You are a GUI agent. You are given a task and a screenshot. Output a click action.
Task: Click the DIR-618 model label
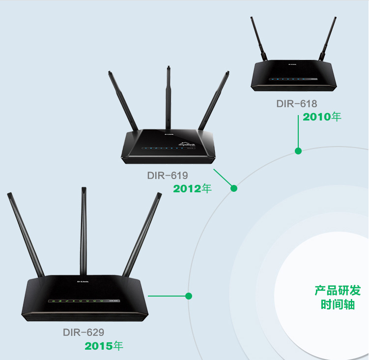tap(296, 104)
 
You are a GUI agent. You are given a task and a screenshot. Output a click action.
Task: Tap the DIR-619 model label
tap(168, 176)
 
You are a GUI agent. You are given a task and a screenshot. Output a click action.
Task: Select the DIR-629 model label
tap(84, 332)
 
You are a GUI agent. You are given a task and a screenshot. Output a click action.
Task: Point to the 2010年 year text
tap(322, 117)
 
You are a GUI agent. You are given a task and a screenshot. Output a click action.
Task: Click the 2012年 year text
tap(192, 189)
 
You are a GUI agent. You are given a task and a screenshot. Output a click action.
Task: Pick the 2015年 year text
tap(104, 346)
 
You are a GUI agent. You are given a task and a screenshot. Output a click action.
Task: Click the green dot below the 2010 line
tap(298, 151)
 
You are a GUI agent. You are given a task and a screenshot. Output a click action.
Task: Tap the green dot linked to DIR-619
tap(234, 188)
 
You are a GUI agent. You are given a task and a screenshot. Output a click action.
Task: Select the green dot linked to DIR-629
tap(189, 296)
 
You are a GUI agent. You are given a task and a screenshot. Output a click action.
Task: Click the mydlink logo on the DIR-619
tap(187, 144)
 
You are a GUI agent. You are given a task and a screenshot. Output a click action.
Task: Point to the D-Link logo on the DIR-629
tap(83, 281)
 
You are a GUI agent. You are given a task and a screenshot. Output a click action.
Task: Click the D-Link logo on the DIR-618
tap(292, 64)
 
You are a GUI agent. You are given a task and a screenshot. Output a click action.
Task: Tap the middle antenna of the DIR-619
tap(168, 97)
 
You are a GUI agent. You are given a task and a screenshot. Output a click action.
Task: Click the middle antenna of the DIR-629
tap(84, 231)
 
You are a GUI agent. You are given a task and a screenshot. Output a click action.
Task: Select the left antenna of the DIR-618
tap(259, 39)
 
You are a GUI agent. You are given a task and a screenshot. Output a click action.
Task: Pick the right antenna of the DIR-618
tap(328, 39)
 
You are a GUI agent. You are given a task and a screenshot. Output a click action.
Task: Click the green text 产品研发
tap(338, 291)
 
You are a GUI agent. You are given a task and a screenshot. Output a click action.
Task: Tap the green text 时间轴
tap(338, 304)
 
